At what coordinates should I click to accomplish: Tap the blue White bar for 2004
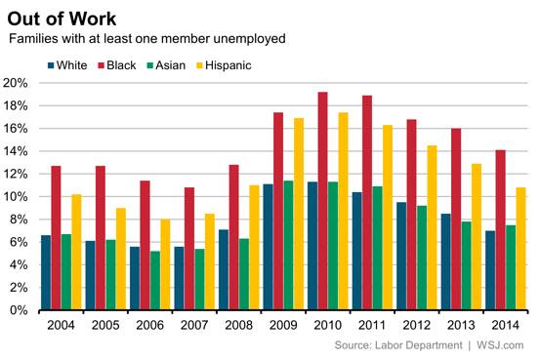[x=45, y=272]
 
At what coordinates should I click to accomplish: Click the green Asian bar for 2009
[x=286, y=245]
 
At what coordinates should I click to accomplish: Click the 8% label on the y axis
[x=21, y=219]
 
